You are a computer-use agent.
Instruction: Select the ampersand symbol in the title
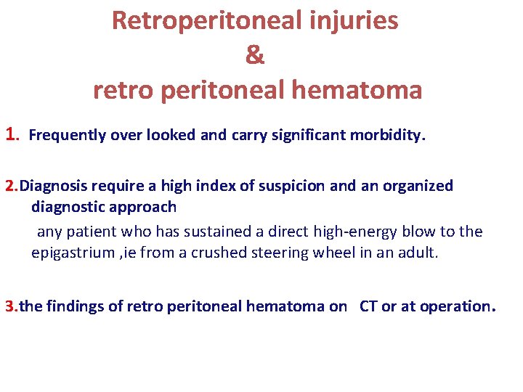(255, 55)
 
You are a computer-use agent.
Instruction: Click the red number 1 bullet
(12, 134)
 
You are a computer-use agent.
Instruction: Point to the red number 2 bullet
(9, 186)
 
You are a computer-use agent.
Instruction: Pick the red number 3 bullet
(9, 306)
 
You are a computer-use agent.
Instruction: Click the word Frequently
(67, 136)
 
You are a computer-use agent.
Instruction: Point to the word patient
(89, 232)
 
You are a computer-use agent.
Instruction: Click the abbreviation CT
(368, 306)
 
